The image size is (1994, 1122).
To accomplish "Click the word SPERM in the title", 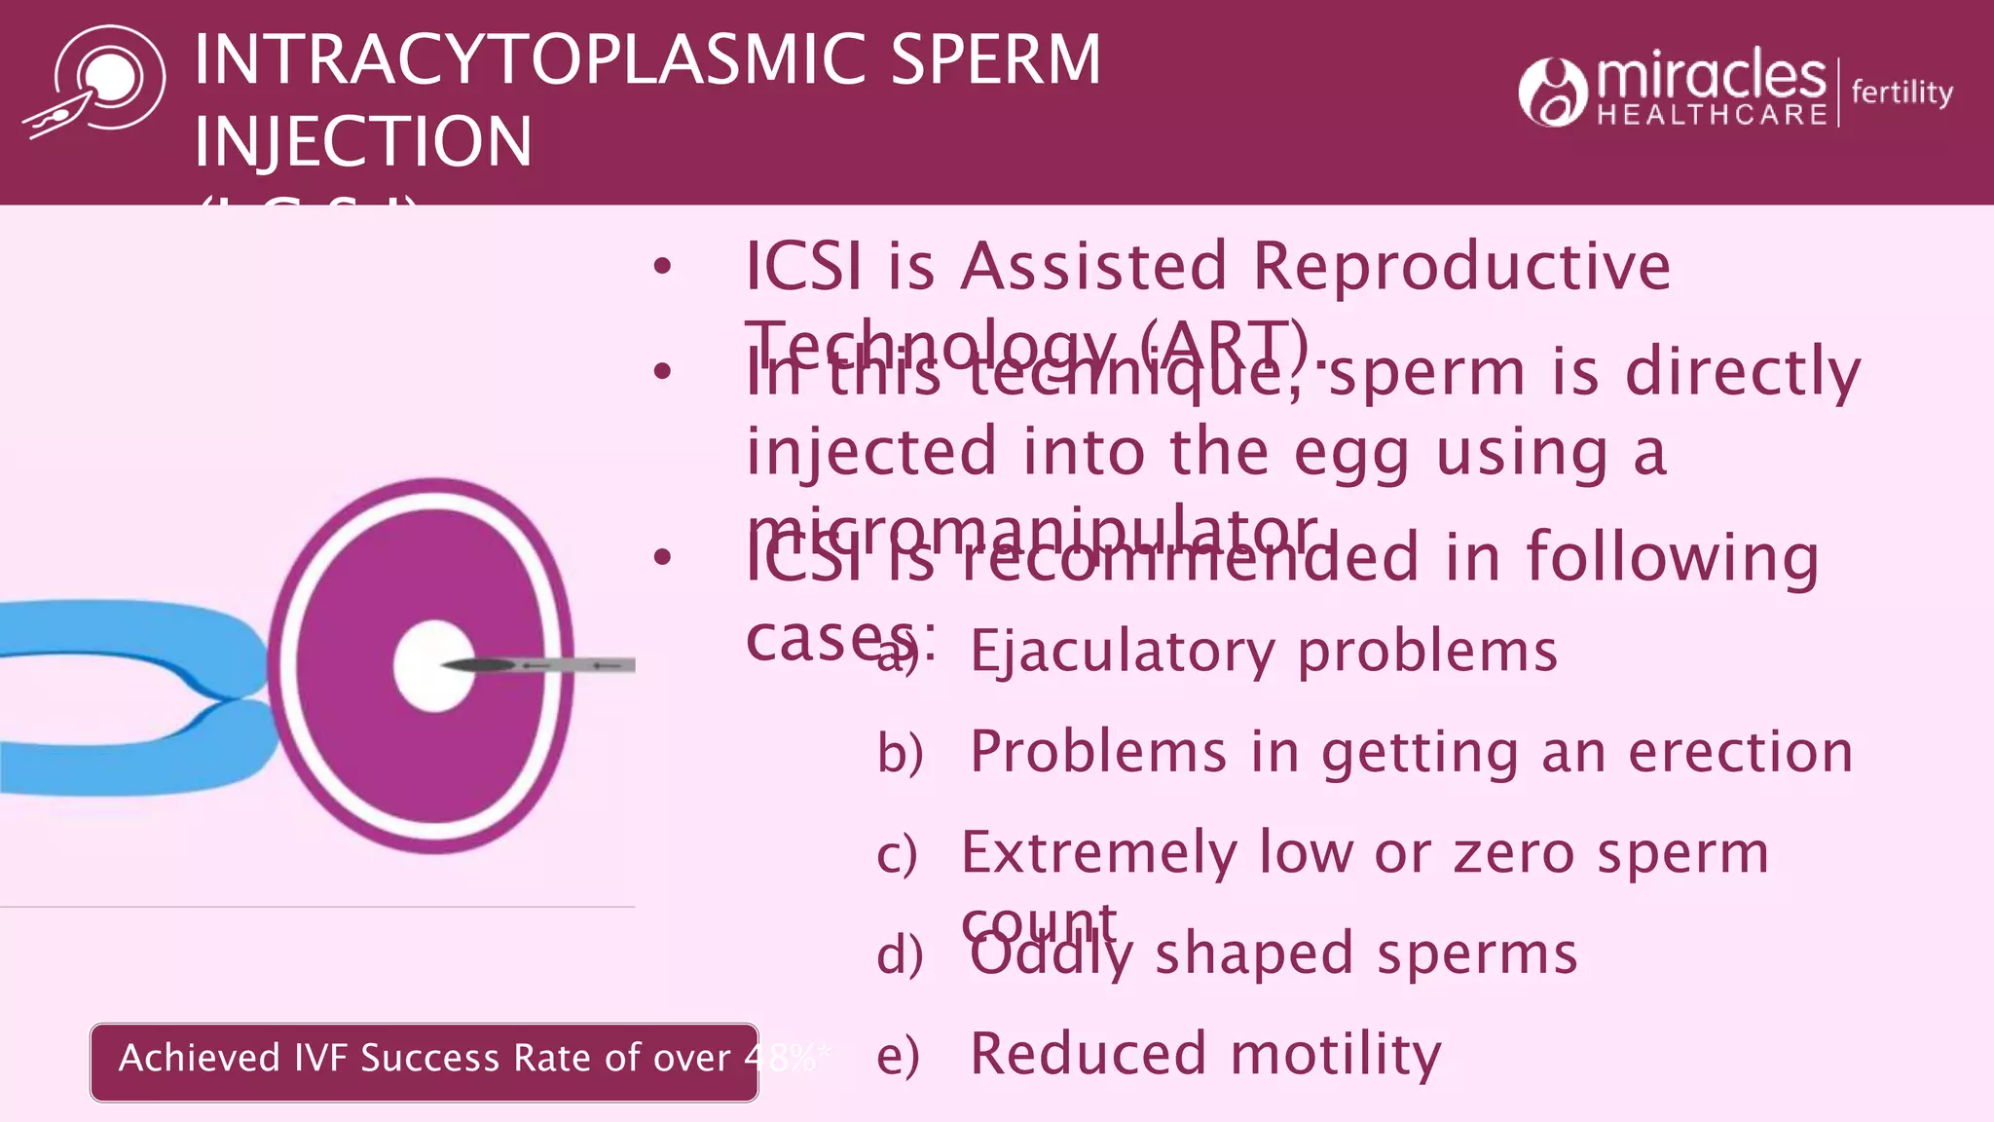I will [x=995, y=60].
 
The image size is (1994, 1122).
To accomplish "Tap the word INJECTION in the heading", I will [x=363, y=142].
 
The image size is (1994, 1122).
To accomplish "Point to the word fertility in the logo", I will [x=1902, y=92].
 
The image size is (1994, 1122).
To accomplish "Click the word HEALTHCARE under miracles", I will [x=1712, y=115].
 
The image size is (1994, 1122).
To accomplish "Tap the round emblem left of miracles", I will [x=1552, y=93].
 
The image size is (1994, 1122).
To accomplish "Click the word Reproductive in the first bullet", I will [x=1460, y=266].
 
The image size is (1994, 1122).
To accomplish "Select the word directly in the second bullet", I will [x=1743, y=373].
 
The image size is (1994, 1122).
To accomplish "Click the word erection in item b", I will [x=1740, y=752].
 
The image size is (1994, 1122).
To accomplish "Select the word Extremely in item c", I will [x=1098, y=853].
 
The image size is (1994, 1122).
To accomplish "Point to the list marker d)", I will [x=899, y=954].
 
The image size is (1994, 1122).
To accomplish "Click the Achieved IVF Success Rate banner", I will [x=424, y=1061].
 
